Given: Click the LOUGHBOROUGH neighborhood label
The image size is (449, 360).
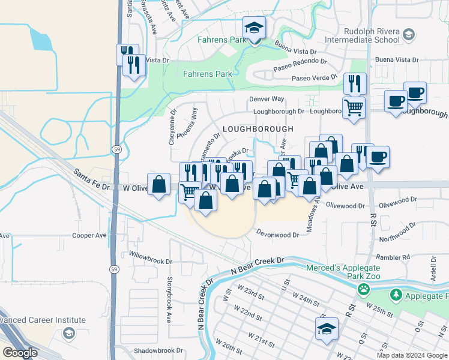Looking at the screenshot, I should click(258, 129).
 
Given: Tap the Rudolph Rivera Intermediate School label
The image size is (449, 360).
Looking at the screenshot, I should click(362, 35).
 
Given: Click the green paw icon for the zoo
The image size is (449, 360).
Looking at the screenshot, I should click(364, 289).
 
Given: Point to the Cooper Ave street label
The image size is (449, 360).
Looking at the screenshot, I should click(89, 236).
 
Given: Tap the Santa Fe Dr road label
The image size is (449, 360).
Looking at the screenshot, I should click(92, 179).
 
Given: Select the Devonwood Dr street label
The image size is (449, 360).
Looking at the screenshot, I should click(277, 234).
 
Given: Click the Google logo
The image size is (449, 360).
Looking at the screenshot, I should click(20, 353).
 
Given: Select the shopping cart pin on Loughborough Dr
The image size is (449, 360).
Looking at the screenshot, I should click(354, 109).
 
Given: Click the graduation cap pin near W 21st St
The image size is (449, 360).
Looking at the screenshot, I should click(327, 329).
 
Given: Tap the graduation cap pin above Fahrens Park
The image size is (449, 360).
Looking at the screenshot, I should click(255, 28).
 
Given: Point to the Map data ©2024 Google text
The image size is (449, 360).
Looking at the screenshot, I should click(411, 355).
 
